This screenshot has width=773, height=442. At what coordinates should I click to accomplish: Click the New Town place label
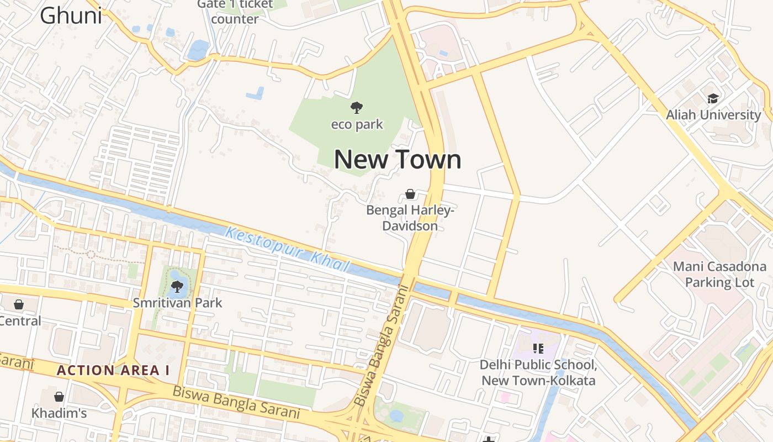[x=398, y=160]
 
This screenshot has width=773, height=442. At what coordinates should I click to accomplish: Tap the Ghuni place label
[x=71, y=15]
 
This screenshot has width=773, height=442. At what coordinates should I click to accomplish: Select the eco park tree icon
[x=357, y=108]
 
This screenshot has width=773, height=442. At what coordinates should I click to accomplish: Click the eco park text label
[x=357, y=124]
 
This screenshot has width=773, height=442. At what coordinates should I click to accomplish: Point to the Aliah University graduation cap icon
[x=713, y=99]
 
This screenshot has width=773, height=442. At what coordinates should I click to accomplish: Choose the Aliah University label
[x=713, y=115]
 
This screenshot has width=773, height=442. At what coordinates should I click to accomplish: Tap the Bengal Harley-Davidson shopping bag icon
[x=410, y=194]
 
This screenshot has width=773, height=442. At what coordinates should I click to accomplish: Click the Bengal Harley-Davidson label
[x=410, y=218]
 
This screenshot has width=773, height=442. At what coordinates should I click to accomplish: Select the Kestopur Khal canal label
[x=287, y=250]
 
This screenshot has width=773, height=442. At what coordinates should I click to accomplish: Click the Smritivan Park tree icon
[x=177, y=286]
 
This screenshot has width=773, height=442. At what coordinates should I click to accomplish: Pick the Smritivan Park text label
[x=177, y=303]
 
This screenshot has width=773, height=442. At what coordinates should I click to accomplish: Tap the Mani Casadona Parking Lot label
[x=719, y=275]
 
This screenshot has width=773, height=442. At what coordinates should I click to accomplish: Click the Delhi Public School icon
[x=538, y=349]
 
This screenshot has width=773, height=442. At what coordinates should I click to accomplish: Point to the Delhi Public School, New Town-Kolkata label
[x=538, y=373]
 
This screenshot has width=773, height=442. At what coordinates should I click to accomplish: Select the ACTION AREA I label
[x=113, y=371]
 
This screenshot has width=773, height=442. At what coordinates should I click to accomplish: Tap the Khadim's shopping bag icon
[x=59, y=397]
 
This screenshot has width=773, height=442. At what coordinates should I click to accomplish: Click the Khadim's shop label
[x=59, y=413]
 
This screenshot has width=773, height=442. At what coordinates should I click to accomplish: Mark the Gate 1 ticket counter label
[x=235, y=12]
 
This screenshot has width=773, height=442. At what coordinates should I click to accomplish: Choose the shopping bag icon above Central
[x=19, y=304]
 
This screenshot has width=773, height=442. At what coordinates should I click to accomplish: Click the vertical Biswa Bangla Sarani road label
[x=382, y=346]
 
